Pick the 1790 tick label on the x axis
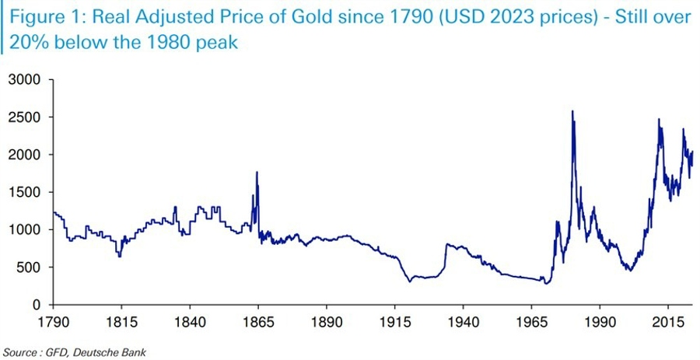point(51,320)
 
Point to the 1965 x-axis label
point(531,320)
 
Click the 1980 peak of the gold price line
point(572,112)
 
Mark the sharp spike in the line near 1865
point(257,173)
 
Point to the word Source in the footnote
point(19,351)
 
